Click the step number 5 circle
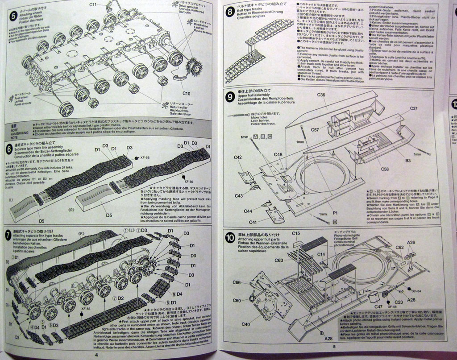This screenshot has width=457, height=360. coord(13,16)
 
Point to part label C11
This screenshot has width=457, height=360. coord(93,4)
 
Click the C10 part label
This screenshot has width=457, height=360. coord(186,93)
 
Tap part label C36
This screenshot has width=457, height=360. coord(321,95)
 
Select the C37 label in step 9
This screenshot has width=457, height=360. coord(413,108)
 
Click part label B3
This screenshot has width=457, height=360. coord(407,161)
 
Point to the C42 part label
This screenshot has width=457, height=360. coord(237,157)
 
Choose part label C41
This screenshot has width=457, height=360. coord(253,222)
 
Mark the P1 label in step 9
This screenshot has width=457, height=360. coord(335,213)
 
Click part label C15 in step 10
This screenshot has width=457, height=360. coord(296,233)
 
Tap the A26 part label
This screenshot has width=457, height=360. coord(411,243)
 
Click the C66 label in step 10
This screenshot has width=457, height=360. coord(237,282)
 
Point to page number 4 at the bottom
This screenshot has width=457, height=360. coord(96,355)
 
